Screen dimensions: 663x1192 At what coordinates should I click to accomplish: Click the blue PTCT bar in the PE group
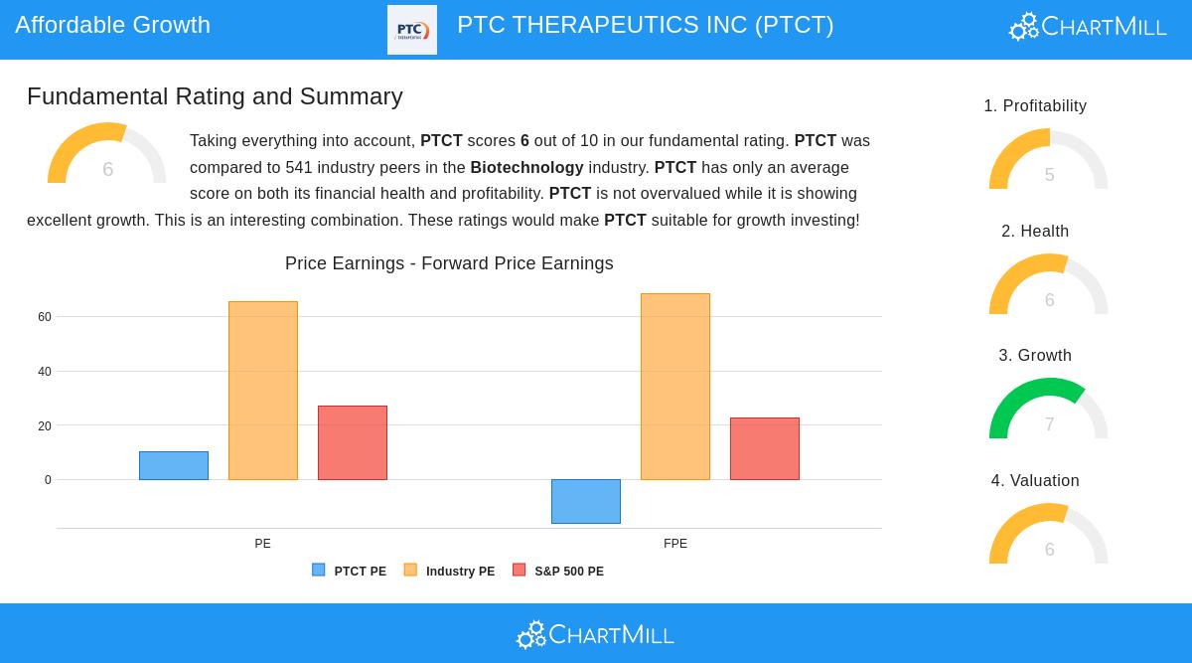tap(174, 465)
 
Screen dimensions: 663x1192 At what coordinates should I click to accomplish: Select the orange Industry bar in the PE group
tap(263, 391)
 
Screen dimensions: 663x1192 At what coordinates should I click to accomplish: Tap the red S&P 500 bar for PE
tap(353, 442)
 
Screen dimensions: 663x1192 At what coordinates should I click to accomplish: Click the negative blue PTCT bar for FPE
tap(586, 501)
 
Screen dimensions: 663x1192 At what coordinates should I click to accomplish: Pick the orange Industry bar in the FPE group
tap(675, 387)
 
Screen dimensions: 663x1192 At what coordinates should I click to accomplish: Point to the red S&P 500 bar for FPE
tap(765, 448)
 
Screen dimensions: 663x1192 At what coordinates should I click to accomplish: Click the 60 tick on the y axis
tap(45, 317)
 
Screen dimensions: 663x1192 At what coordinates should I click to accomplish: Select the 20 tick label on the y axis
tap(45, 426)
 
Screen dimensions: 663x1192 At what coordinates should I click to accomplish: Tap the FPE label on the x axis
tap(675, 544)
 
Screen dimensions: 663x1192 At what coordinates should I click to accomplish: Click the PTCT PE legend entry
tap(350, 572)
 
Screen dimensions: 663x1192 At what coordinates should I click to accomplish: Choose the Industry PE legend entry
tap(449, 572)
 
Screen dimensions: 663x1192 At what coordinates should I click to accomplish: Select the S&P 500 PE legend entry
tap(558, 572)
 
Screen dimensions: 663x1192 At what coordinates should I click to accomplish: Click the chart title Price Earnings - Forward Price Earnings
tap(449, 263)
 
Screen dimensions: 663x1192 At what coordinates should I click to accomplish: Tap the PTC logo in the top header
tap(412, 30)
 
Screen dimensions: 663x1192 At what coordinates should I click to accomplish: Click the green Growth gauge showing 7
tap(1048, 410)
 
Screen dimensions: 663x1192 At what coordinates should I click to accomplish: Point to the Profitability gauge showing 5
tap(1048, 160)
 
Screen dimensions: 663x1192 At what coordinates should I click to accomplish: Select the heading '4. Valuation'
tap(1035, 481)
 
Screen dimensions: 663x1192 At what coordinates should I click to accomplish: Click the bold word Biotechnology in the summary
tap(526, 167)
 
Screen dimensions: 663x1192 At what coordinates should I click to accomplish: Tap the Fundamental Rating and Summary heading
tap(215, 96)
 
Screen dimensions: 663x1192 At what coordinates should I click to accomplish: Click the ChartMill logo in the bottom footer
tap(595, 634)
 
